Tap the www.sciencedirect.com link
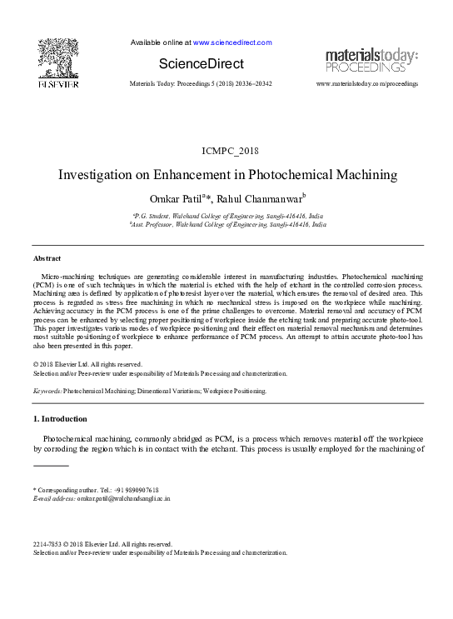[x=232, y=42]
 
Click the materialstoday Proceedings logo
[x=371, y=60]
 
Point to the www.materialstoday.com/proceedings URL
[x=367, y=85]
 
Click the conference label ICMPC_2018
[x=226, y=150]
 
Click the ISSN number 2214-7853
[x=46, y=544]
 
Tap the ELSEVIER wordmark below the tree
[x=58, y=85]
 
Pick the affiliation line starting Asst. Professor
[x=227, y=225]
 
